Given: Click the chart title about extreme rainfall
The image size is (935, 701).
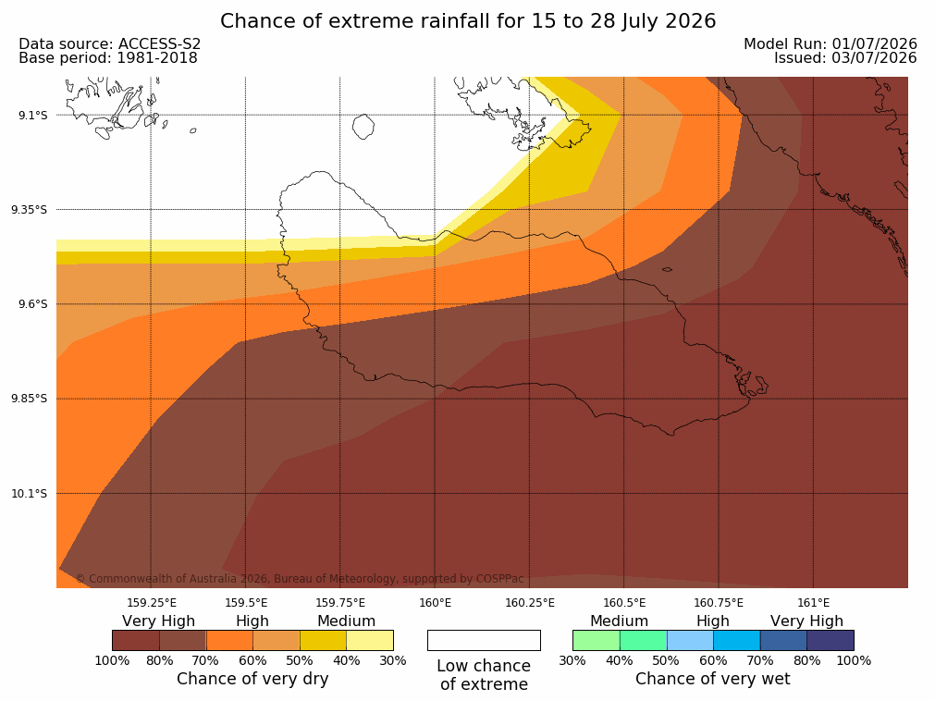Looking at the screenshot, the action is pos(468,21).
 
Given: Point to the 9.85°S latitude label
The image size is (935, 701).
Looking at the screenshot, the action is pos(30,399).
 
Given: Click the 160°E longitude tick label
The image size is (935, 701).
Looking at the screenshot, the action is pos(435,603).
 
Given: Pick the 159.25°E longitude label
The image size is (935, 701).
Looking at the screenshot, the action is pos(152,603).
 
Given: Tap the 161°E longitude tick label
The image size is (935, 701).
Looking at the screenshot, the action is pos(813,603).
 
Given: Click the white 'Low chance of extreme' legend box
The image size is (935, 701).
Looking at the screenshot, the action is pos(484,640).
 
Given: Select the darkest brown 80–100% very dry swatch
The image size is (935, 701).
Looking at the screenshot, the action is pos(136,640).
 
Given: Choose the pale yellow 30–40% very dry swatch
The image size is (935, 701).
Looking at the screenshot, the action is pos(370,640).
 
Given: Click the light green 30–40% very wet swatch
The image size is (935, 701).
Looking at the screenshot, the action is pos(597,640).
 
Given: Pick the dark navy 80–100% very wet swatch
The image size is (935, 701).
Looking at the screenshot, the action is pos(830,640).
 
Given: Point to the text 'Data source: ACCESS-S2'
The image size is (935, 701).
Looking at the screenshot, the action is pos(110,44).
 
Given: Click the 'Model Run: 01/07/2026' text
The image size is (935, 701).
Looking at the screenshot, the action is pos(830,44).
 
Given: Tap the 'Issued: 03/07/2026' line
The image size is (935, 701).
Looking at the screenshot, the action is pos(845,58).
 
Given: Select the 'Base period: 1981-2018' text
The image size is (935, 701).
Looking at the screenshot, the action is pos(108,58).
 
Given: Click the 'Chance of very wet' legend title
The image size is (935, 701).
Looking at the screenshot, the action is pos(713,679).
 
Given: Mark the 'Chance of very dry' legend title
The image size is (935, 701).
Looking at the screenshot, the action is pos(252,679).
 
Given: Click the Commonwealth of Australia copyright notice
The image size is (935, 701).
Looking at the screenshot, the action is pos(300,579).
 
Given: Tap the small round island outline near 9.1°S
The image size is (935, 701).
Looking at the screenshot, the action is pos(363,127).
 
